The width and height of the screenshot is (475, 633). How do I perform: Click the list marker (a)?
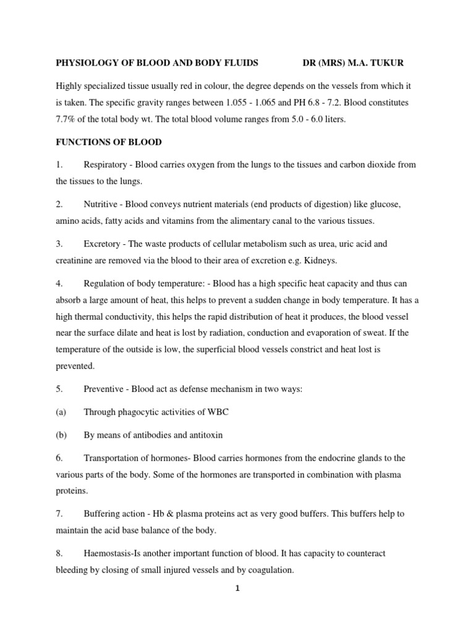(x=61, y=411)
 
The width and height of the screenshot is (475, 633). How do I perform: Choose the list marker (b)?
(x=61, y=435)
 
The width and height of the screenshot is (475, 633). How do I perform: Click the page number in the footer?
(x=237, y=589)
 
